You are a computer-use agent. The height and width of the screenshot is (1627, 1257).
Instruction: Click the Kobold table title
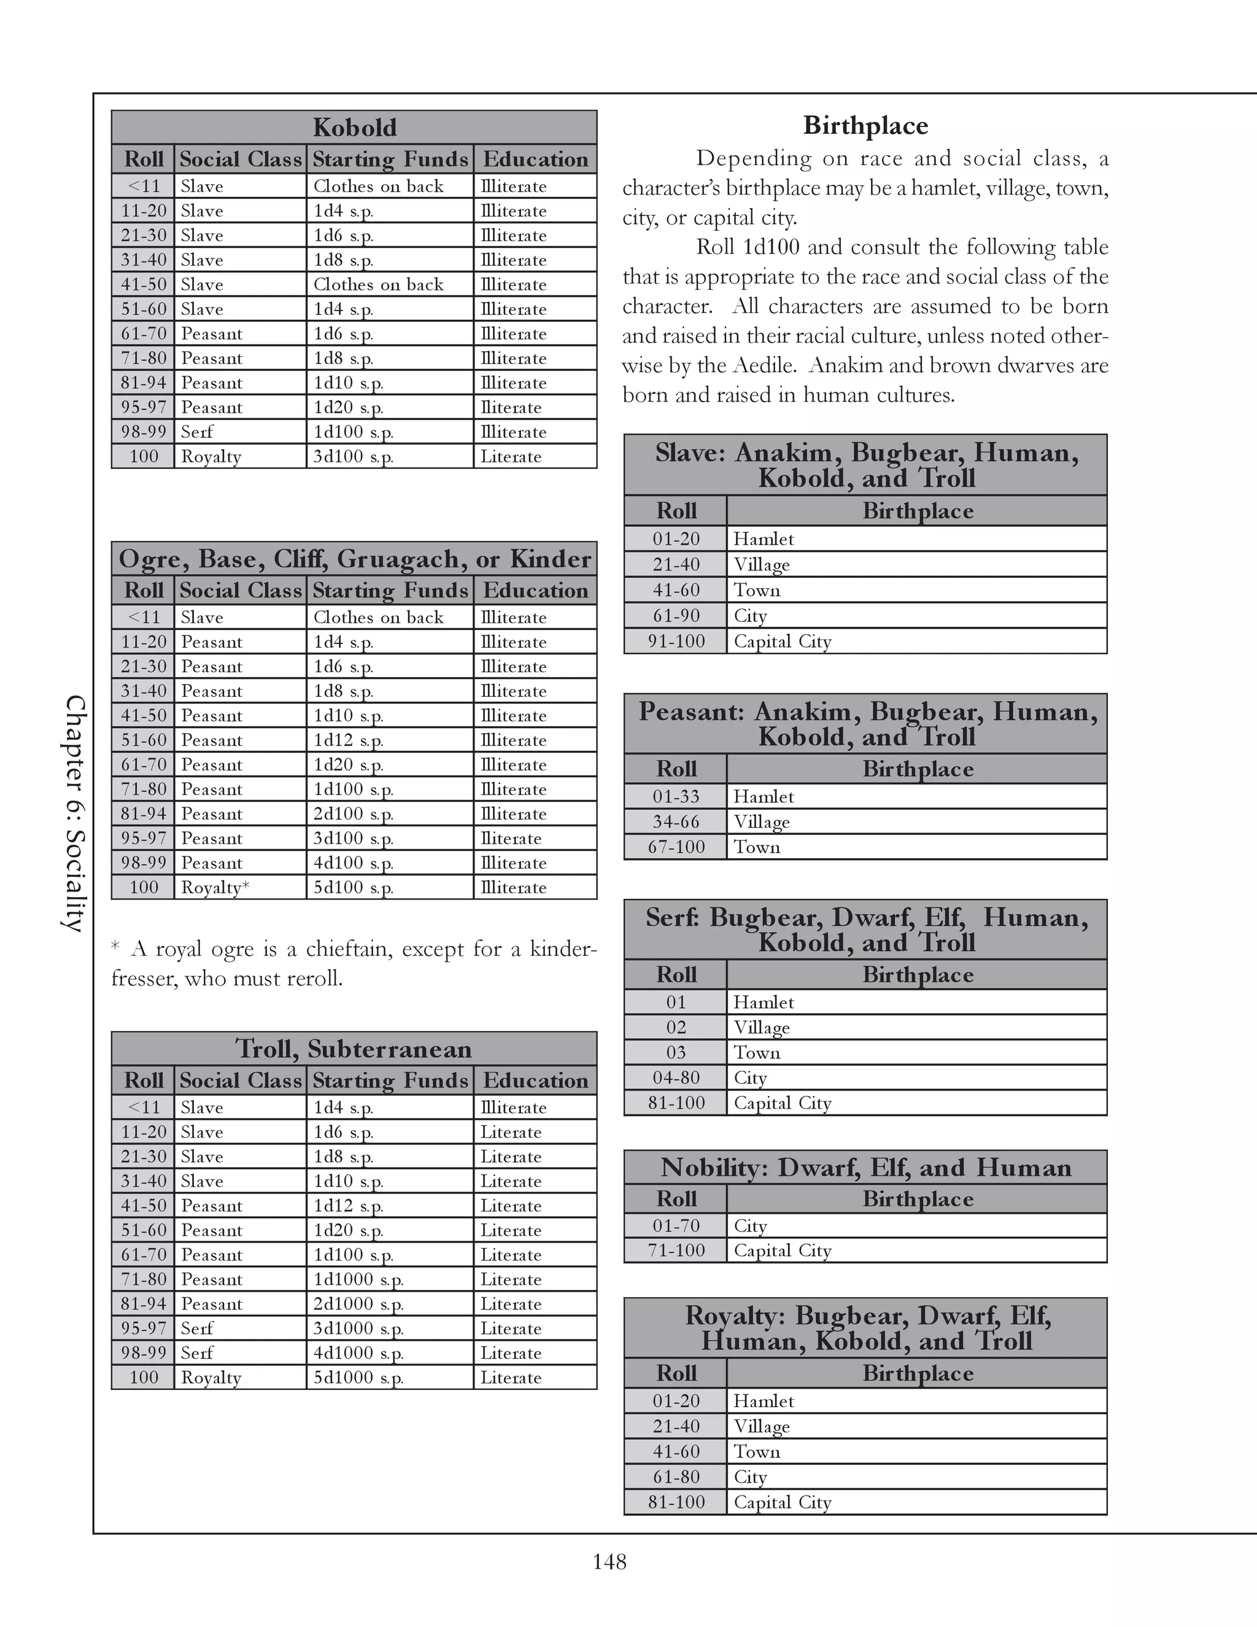(355, 127)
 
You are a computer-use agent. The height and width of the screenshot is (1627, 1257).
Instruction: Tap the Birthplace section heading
(865, 125)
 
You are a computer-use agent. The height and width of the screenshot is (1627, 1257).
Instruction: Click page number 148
(609, 1561)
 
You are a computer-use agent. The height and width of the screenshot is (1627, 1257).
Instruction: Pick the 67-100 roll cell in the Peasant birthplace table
(675, 847)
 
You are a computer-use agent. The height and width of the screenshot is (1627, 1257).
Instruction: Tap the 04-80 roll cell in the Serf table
(675, 1078)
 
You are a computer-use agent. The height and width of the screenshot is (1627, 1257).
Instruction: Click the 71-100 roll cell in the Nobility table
(675, 1250)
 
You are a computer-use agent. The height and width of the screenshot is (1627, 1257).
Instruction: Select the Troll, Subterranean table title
(355, 1049)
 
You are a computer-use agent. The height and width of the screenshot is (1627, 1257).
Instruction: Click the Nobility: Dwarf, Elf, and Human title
(865, 1167)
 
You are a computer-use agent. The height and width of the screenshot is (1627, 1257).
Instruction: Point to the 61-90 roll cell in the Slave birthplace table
(675, 616)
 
